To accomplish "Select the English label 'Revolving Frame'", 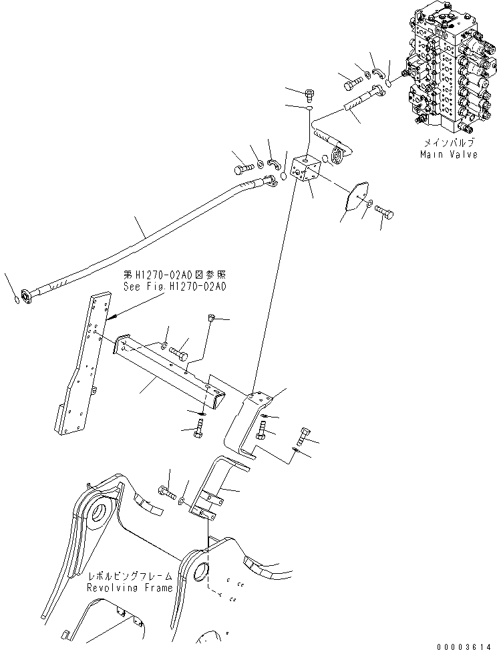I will click(129, 587).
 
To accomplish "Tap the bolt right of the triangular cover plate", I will click(385, 213).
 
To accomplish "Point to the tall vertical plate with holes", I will click(80, 367).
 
